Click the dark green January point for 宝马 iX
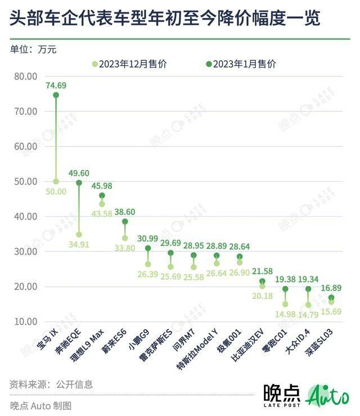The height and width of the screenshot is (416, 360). (56, 95)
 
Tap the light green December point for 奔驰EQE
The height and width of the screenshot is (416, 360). (79, 234)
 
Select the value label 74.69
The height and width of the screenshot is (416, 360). (56, 86)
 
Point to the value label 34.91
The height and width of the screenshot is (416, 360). (79, 244)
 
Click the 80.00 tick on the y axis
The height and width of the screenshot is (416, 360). (24, 76)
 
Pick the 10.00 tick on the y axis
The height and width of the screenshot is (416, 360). (24, 321)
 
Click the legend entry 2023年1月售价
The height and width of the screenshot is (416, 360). (240, 64)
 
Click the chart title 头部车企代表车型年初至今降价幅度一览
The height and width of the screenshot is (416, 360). (165, 20)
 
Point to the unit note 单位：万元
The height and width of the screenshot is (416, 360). (33, 49)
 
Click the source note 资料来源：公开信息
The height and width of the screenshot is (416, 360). (51, 385)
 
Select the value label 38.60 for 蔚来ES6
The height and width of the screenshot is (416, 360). (125, 212)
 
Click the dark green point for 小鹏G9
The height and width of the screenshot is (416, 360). (148, 248)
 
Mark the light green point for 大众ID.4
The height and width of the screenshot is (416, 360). (308, 305)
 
